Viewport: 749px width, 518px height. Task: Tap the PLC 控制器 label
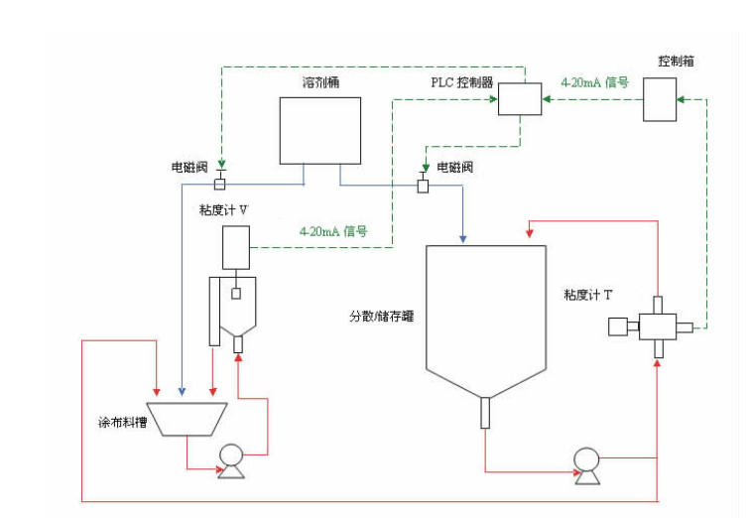pos(461,82)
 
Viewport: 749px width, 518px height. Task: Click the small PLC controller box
pos(518,99)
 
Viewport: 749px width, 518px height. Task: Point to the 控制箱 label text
pos(676,61)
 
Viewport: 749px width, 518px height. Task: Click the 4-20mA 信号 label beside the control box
pos(594,82)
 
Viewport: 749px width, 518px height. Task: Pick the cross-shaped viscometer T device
pos(657,324)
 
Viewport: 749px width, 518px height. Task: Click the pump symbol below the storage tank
pos(585,463)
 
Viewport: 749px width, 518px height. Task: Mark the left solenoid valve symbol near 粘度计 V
pos(220,184)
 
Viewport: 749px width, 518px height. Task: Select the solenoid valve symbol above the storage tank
pos(423,185)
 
